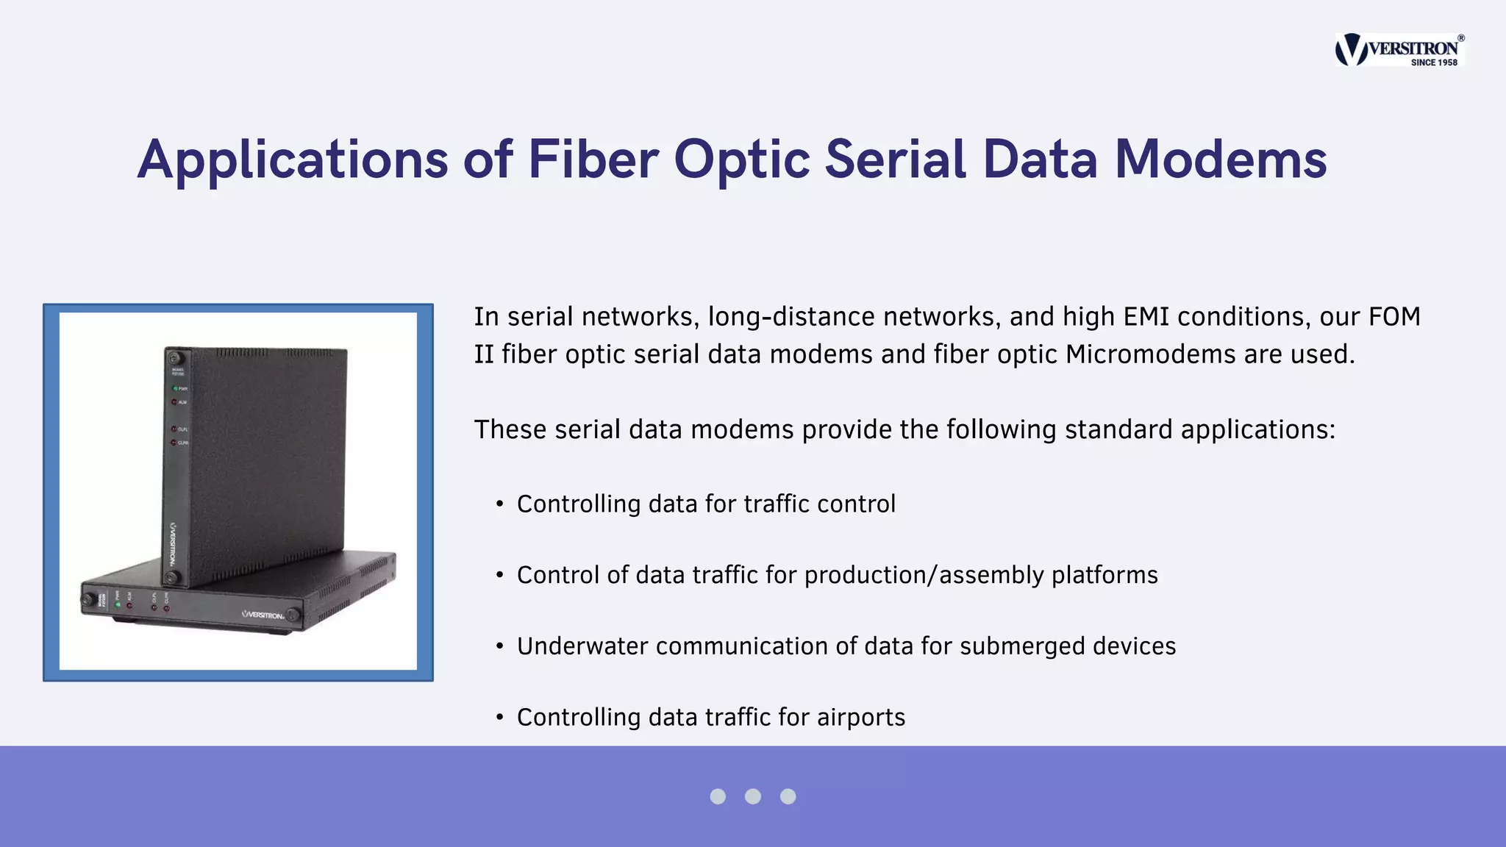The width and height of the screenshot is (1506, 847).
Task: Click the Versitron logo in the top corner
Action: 1399,49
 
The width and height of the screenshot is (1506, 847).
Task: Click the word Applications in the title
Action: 292,160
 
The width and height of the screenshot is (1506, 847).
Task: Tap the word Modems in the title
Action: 1221,160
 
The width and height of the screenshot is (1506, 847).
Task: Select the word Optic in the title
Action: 742,160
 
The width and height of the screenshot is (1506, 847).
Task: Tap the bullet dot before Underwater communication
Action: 500,646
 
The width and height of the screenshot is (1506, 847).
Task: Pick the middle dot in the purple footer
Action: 753,796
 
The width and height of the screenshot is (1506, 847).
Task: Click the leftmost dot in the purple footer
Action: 718,796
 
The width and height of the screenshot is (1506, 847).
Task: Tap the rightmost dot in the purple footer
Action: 788,796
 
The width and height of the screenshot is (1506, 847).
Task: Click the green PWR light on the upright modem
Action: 175,388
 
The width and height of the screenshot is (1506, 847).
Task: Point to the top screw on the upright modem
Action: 174,357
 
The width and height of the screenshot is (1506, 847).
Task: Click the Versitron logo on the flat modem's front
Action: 263,614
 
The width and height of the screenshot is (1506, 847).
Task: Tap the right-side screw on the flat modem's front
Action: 293,615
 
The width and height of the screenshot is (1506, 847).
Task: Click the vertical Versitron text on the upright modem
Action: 174,543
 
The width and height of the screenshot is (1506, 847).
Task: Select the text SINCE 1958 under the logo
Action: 1433,62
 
